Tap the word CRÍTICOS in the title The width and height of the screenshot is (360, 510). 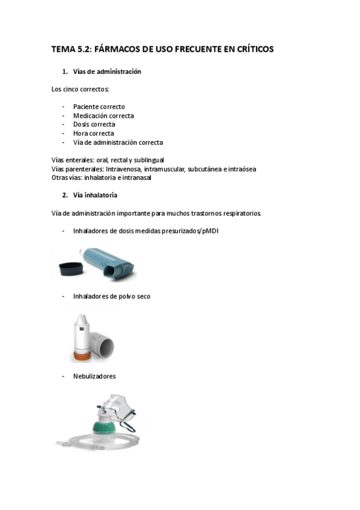250,49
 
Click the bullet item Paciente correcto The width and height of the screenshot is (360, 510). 99,107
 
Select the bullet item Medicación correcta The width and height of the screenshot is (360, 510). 103,116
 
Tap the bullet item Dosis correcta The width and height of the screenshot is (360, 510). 94,124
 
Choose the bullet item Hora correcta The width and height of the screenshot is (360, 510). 94,134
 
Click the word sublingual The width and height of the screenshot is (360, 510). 150,160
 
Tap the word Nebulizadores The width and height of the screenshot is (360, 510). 94,376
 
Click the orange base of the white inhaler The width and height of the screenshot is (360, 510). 82,357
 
